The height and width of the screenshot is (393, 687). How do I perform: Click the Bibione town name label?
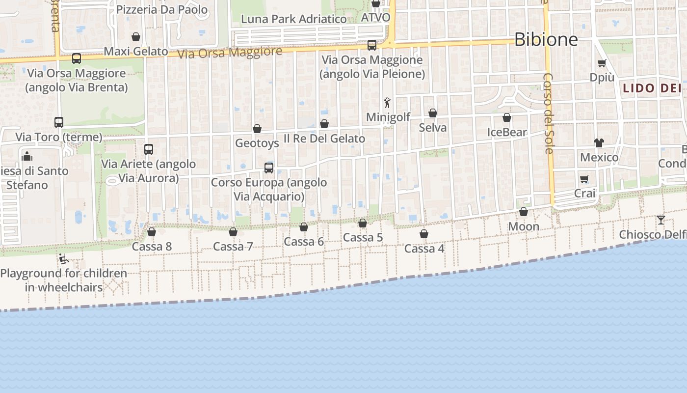coord(546,39)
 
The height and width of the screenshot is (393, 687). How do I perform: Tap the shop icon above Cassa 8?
coord(152,231)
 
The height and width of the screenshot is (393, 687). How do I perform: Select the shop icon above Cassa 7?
coord(233,231)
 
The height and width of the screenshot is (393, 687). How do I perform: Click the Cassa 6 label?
coord(304,242)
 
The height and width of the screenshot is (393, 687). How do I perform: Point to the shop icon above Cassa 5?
coord(363,223)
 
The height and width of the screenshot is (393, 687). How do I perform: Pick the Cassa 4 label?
coord(424,249)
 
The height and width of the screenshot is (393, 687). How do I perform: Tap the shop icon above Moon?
coord(524,212)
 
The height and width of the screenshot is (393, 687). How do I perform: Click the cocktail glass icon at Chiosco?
coord(661,220)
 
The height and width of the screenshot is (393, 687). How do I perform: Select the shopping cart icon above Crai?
coord(584,179)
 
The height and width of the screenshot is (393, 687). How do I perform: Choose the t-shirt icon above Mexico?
coord(599,142)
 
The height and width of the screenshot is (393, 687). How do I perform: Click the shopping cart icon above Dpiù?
coord(602,63)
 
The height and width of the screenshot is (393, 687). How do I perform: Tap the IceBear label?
coord(507,132)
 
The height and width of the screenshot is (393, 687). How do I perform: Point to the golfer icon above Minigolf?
coord(387,103)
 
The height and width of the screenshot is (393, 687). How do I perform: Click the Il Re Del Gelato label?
coord(324,139)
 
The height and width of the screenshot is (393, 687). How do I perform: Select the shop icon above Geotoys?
coord(257,129)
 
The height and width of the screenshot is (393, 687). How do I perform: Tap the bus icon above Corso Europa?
coord(269,168)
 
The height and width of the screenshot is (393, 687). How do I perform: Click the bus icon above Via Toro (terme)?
coord(59,122)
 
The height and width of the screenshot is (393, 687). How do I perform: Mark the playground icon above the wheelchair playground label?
coord(63,259)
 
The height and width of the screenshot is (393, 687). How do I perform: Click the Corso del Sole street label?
coord(548,113)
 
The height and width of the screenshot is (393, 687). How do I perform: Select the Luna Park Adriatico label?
coord(294,19)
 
